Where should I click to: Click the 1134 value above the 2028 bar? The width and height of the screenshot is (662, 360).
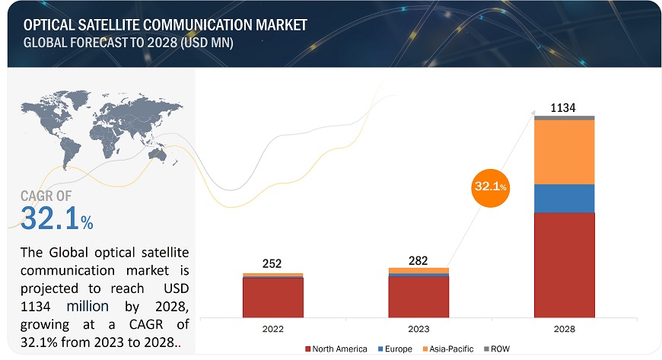click(x=564, y=107)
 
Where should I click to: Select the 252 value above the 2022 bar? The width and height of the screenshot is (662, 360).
click(x=272, y=264)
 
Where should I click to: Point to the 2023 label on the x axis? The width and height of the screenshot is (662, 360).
click(x=418, y=328)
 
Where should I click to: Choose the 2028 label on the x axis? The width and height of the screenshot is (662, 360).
click(x=564, y=328)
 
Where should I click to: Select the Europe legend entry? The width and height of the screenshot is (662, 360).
click(x=397, y=349)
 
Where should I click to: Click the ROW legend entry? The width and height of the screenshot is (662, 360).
click(x=499, y=349)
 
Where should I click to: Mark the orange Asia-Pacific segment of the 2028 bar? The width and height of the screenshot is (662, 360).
click(x=564, y=151)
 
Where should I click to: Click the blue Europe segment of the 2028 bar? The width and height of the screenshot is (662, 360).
click(x=564, y=198)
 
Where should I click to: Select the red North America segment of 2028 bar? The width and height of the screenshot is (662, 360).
click(x=564, y=264)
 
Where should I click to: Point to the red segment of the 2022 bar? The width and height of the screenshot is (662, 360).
click(x=272, y=298)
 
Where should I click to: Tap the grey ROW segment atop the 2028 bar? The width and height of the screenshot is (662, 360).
click(x=564, y=118)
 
